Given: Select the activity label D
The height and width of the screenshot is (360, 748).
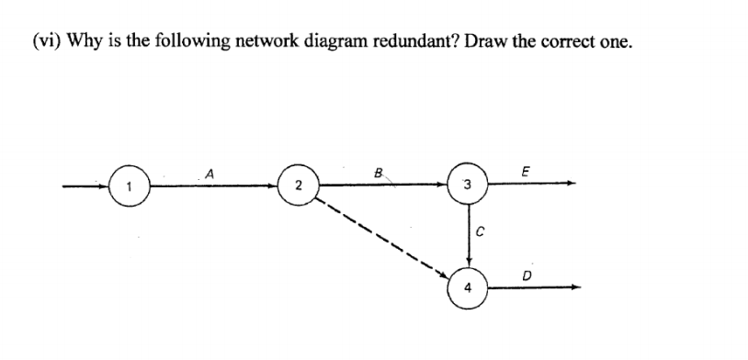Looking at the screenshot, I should pyautogui.click(x=527, y=272).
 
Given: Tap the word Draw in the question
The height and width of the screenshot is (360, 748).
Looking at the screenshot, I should pyautogui.click(x=444, y=44).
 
